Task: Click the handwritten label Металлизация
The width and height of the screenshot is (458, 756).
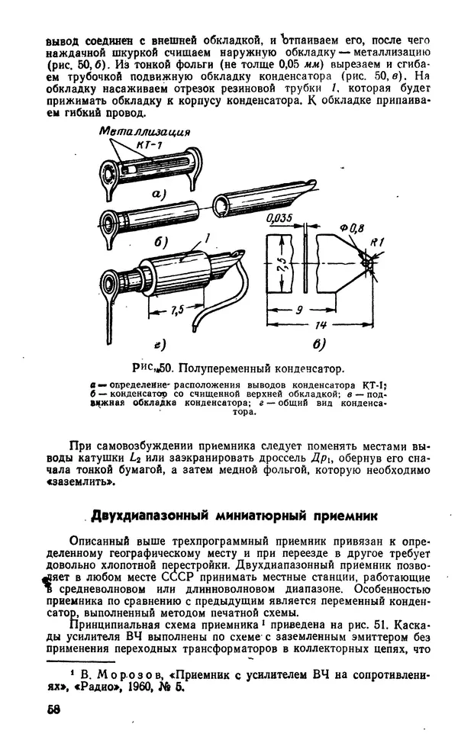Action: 144,131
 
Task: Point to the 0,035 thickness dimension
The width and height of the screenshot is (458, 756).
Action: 280,219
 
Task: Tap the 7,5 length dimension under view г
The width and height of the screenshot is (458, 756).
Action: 178,310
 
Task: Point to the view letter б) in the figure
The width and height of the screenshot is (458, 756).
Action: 161,242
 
